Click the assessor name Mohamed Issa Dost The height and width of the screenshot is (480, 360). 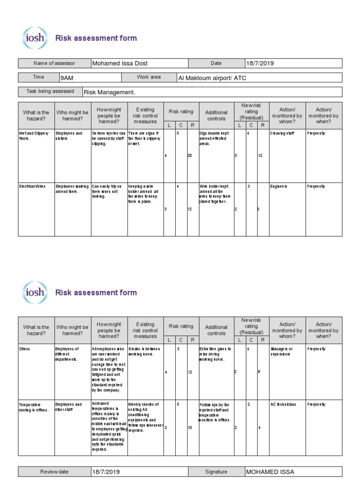click(x=120, y=63)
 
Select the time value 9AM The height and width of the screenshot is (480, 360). click(x=66, y=78)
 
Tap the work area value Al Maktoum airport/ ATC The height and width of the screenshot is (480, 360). click(x=211, y=78)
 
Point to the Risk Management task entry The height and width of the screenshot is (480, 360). click(x=109, y=92)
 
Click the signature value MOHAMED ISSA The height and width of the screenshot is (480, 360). click(x=270, y=472)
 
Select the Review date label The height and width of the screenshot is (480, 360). click(x=54, y=472)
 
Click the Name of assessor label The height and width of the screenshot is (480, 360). click(x=54, y=63)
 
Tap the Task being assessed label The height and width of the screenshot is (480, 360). click(x=50, y=91)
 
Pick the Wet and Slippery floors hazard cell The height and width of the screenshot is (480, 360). click(x=34, y=136)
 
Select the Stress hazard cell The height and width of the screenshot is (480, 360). click(x=24, y=349)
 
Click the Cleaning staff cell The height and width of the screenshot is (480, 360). click(x=283, y=133)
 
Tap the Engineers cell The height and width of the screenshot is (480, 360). click(x=279, y=187)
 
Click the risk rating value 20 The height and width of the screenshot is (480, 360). click(x=190, y=155)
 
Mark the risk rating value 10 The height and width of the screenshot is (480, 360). click(x=190, y=427)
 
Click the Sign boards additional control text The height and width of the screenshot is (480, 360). click(x=216, y=138)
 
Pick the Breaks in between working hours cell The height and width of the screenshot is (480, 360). click(x=144, y=352)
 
